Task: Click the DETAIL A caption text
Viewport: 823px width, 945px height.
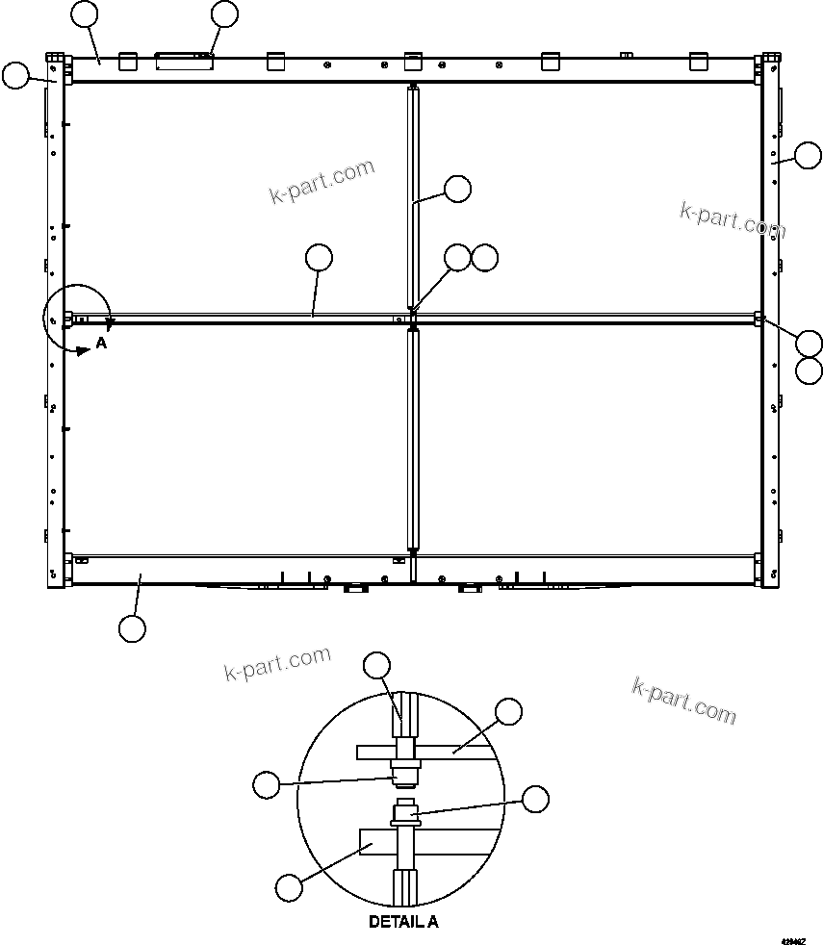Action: pos(403,921)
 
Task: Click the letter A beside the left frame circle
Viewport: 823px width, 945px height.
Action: pos(101,343)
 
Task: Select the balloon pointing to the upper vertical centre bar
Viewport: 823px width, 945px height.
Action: pos(458,189)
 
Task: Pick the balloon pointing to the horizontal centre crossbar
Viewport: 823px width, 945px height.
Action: pos(318,257)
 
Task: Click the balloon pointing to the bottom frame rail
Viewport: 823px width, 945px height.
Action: pos(132,628)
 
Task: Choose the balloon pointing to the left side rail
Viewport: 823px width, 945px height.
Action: pos(15,75)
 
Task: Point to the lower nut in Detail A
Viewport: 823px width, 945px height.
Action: pos(403,819)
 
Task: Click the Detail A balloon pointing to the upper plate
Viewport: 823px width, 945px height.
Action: pos(508,712)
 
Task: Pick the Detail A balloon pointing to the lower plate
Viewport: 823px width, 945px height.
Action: pos(289,885)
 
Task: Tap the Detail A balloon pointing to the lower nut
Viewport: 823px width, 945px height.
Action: pos(534,798)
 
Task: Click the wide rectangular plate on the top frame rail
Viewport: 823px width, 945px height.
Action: pos(185,63)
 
